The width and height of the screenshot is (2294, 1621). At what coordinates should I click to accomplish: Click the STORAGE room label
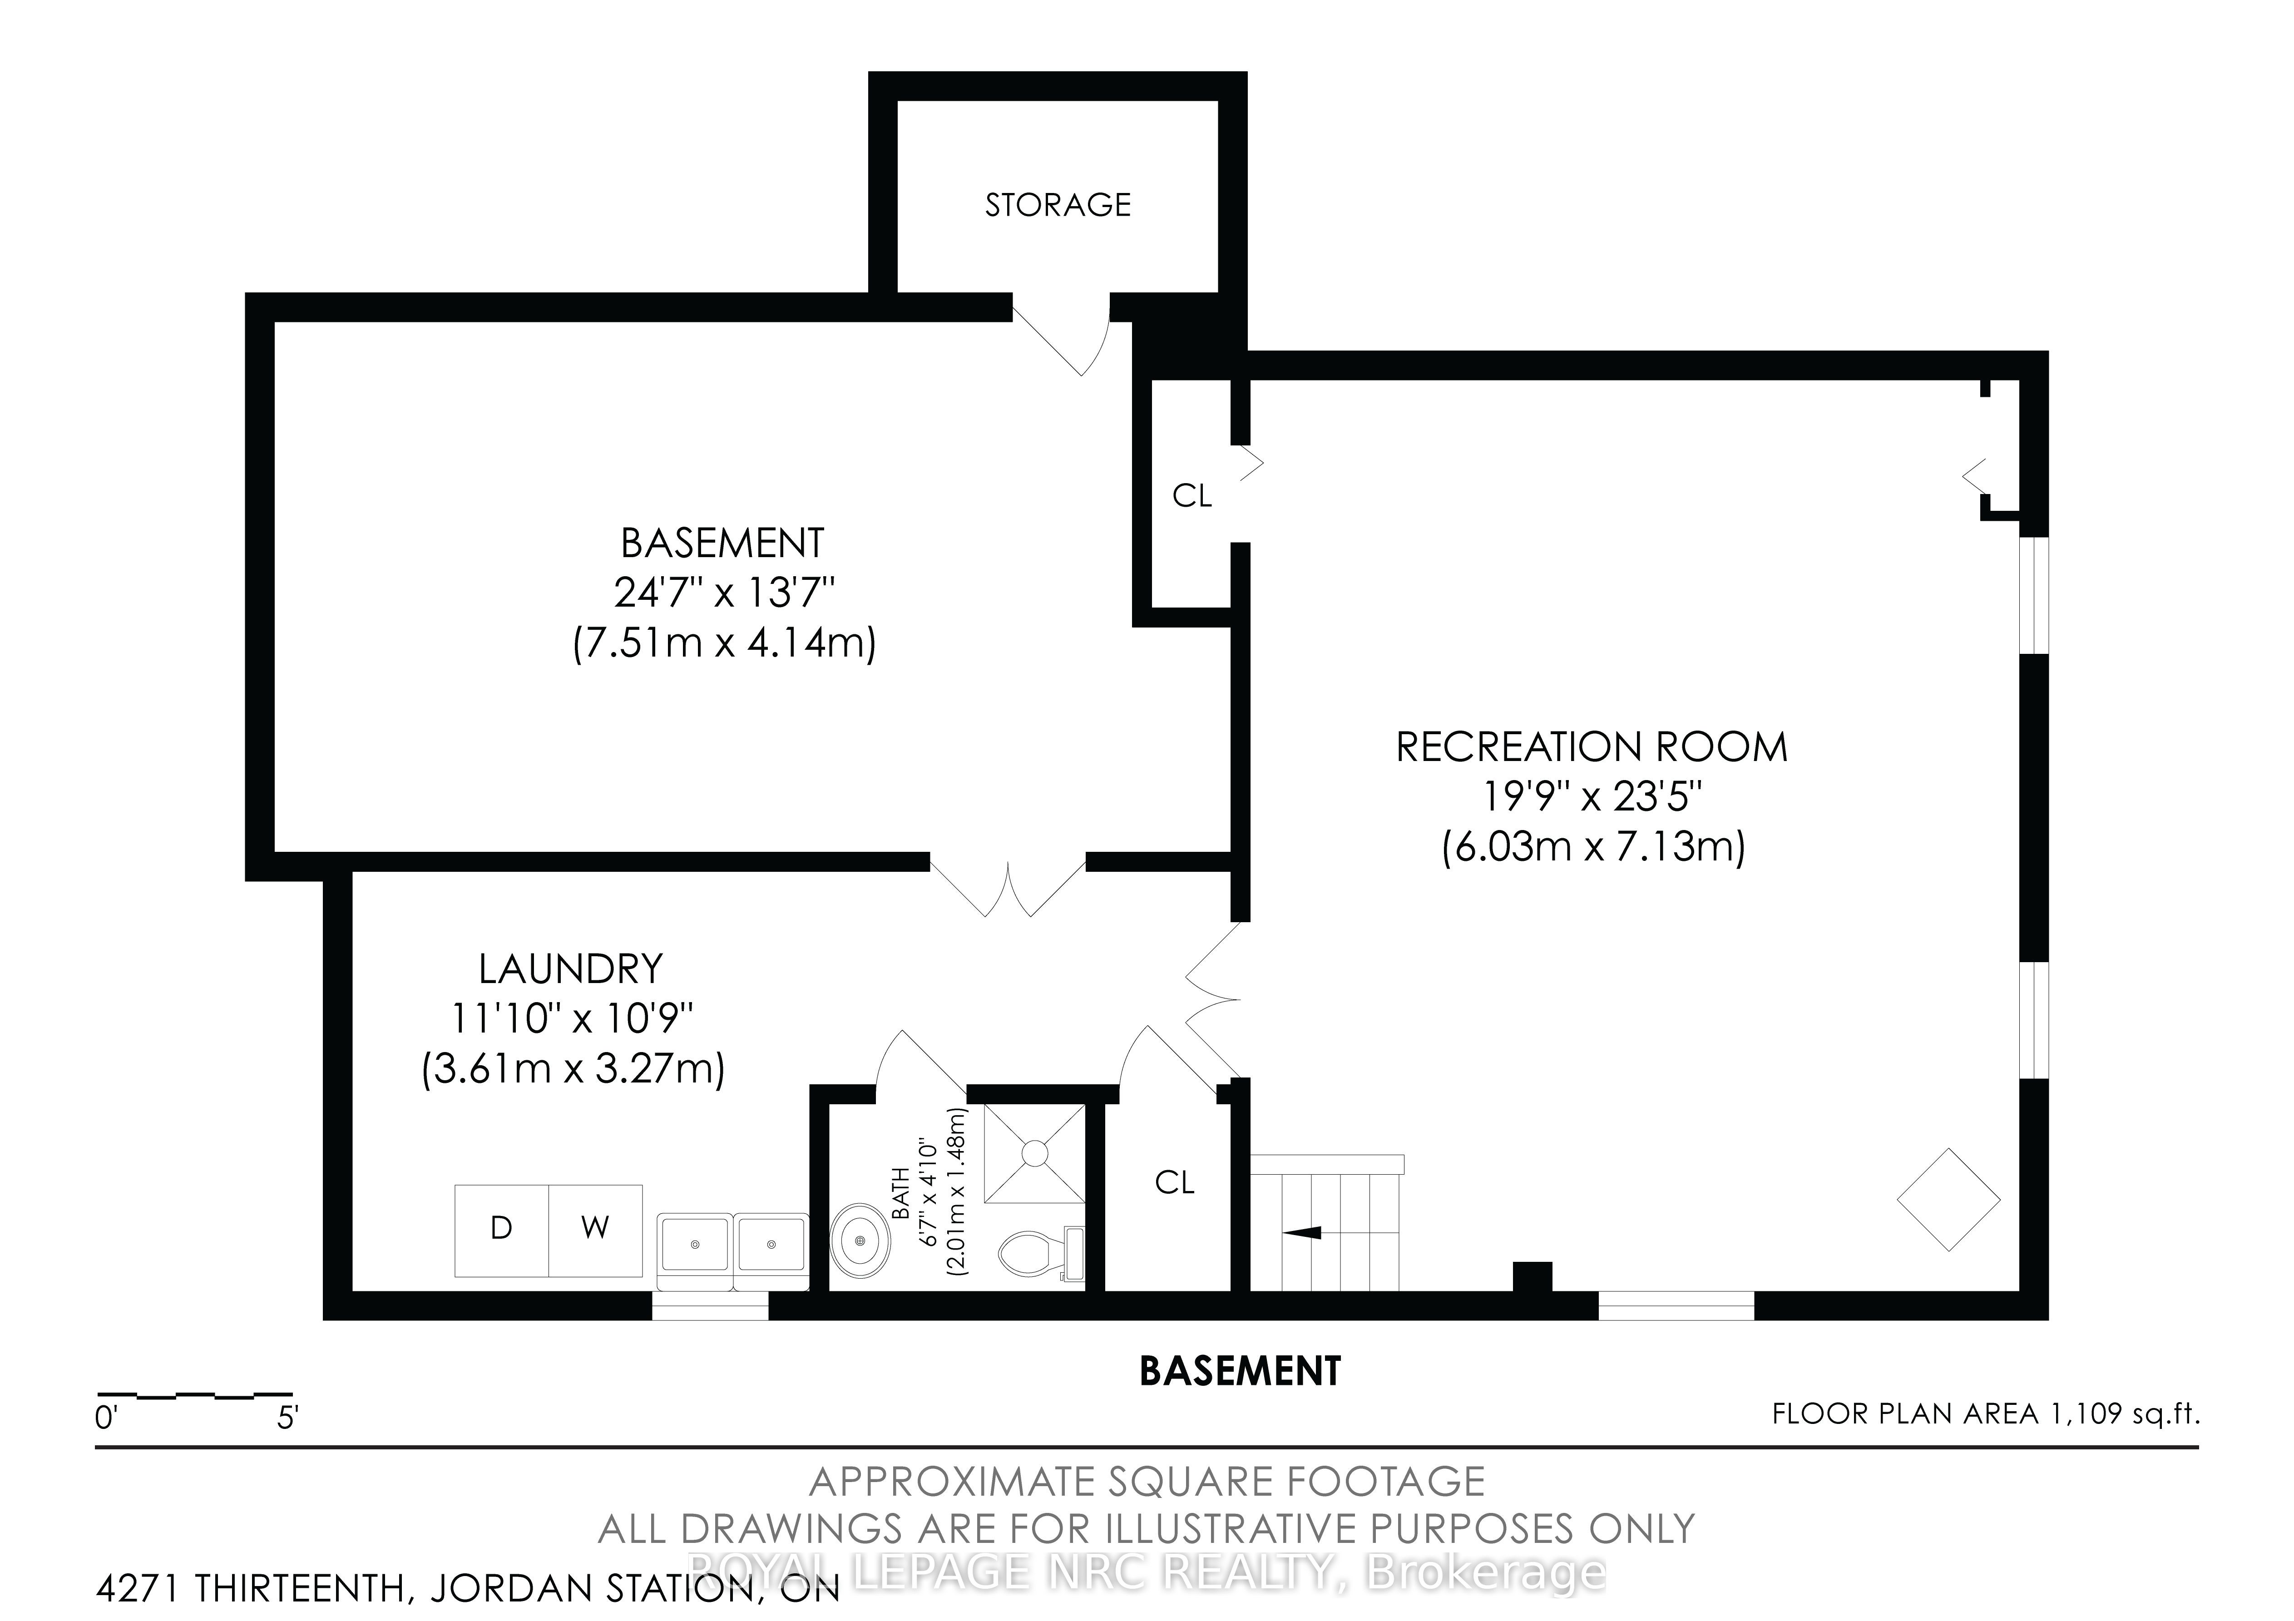[1058, 205]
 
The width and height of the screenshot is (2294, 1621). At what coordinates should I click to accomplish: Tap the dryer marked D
[502, 1230]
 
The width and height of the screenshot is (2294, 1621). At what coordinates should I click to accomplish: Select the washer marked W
[595, 1230]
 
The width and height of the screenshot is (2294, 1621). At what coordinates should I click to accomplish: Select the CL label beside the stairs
[1175, 1183]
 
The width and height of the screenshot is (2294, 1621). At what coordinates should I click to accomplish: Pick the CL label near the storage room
[1192, 496]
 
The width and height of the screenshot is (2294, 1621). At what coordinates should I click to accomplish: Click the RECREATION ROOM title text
[1592, 747]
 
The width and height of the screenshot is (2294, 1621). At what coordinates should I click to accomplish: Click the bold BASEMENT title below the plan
[1240, 1371]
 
